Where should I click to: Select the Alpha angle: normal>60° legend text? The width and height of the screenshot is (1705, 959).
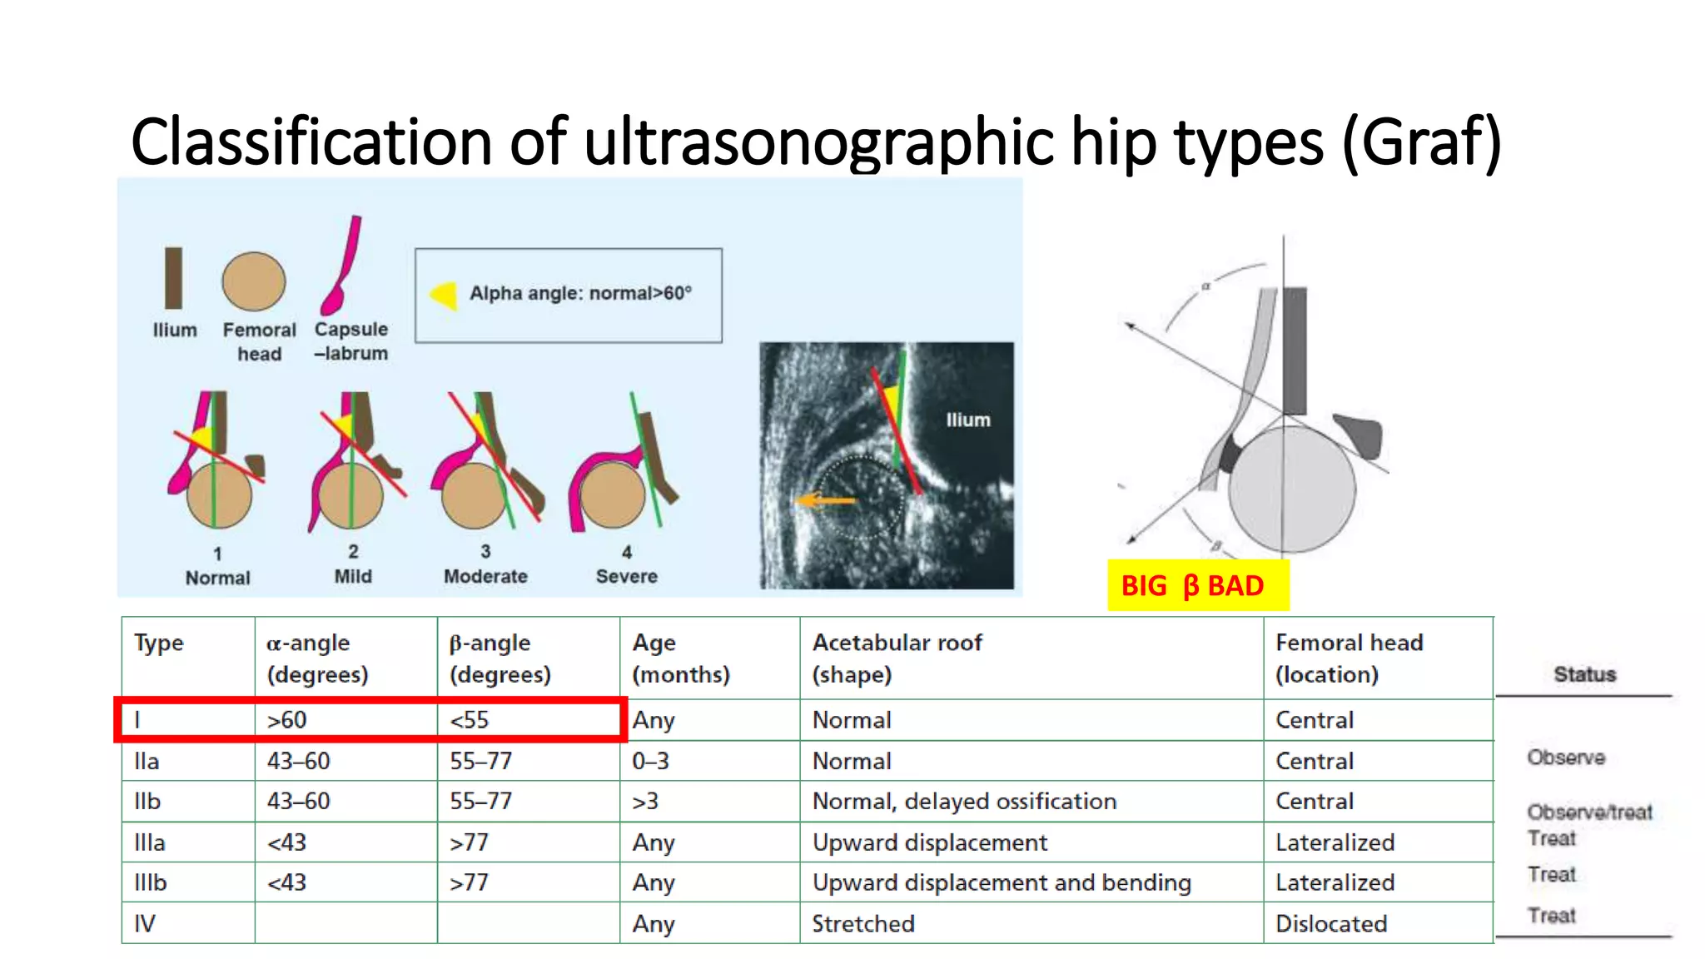[x=580, y=293]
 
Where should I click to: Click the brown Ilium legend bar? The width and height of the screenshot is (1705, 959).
[x=173, y=278]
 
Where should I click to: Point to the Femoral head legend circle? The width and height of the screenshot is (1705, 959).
[x=254, y=281]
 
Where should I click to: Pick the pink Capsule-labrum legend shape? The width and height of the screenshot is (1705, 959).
[x=344, y=266]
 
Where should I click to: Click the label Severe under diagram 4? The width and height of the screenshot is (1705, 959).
[x=626, y=576]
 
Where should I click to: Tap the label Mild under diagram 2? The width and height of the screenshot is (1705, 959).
[x=353, y=576]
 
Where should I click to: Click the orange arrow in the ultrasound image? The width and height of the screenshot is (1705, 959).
[x=824, y=500]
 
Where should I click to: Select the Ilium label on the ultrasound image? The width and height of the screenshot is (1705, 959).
[x=967, y=420]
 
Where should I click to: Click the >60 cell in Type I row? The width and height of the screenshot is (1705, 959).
[x=287, y=720]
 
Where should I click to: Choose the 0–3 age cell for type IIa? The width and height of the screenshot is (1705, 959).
[x=650, y=761]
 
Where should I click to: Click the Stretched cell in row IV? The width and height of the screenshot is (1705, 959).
[x=863, y=923]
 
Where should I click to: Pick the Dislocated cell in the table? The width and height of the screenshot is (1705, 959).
[x=1330, y=923]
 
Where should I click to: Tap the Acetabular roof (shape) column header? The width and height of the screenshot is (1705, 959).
[x=897, y=658]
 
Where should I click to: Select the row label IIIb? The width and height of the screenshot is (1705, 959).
[x=151, y=882]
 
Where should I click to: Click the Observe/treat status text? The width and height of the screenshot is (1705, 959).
[x=1588, y=812]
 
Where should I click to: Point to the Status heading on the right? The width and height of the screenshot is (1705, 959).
[x=1584, y=674]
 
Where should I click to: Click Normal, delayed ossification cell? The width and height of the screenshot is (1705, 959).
[x=964, y=801]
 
